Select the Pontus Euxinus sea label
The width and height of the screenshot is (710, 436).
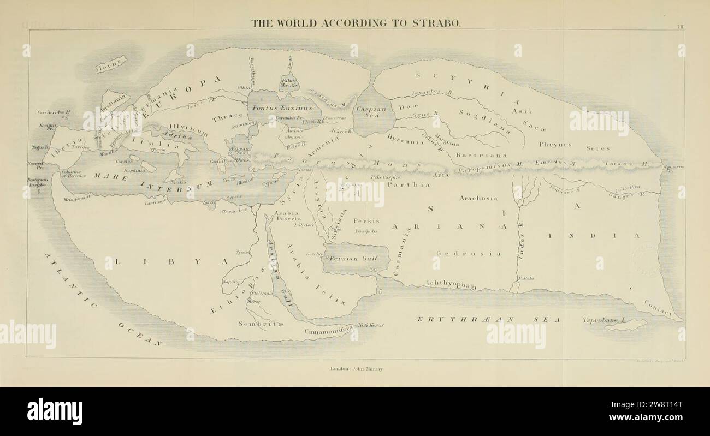(x=274, y=108)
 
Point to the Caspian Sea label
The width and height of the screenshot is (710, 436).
(x=371, y=112)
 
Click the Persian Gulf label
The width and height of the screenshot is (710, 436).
(x=356, y=259)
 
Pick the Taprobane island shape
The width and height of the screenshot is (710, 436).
(x=625, y=325)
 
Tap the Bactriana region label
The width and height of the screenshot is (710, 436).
(x=481, y=155)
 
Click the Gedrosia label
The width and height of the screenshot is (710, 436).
(x=469, y=253)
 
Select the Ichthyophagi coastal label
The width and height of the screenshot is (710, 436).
(x=451, y=284)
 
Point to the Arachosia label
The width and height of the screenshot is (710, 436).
(x=478, y=198)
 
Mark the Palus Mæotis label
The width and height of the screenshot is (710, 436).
(x=289, y=82)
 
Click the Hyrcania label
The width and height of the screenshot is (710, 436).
(x=405, y=140)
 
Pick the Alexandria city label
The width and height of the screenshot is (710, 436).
(x=234, y=210)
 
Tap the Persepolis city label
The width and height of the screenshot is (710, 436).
(x=366, y=231)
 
